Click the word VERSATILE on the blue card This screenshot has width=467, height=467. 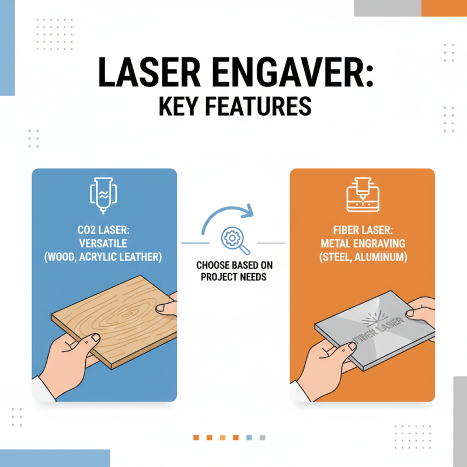pyautogui.click(x=104, y=244)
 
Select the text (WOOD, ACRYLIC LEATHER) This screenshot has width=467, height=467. pyautogui.click(x=104, y=257)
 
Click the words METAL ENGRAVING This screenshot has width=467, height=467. pyautogui.click(x=362, y=244)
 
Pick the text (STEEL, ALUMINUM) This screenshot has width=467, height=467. pyautogui.click(x=362, y=257)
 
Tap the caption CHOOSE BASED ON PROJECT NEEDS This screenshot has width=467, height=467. pyautogui.click(x=233, y=270)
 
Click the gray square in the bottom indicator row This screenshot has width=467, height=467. pyautogui.click(x=264, y=437)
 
